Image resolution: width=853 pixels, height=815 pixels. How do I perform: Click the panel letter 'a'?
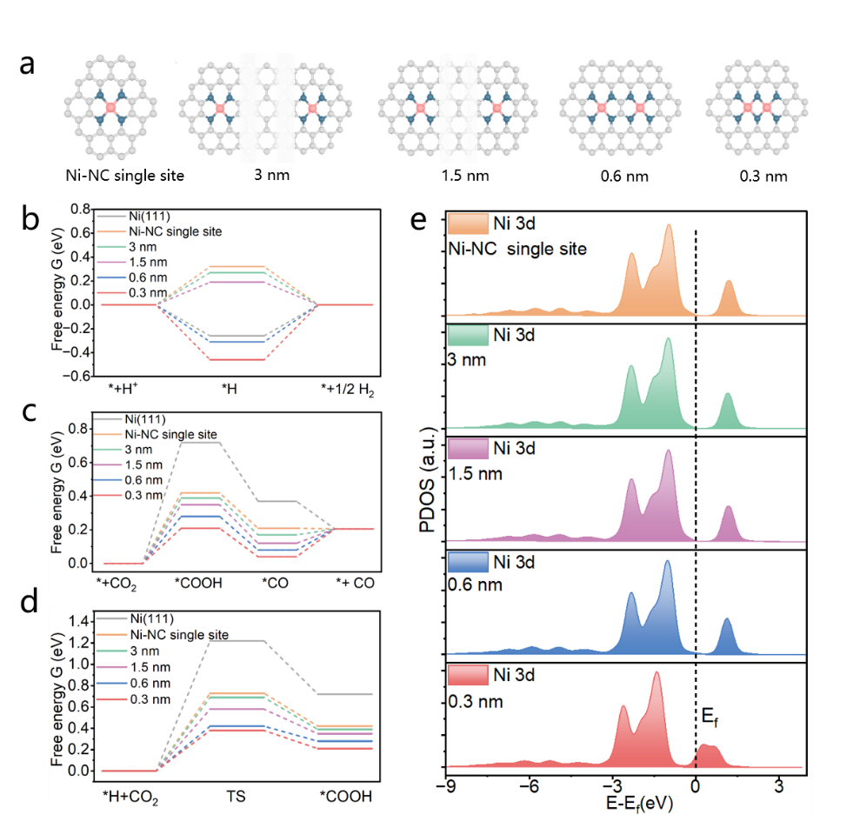tap(27, 64)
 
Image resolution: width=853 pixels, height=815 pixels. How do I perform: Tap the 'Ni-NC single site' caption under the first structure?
tap(124, 175)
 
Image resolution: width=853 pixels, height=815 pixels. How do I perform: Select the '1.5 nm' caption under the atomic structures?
tap(465, 176)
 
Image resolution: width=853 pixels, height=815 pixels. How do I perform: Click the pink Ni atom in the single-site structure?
tap(111, 107)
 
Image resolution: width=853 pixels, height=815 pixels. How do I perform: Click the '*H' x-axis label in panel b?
tap(229, 389)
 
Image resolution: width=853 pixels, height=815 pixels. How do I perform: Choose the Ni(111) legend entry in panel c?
tap(130, 419)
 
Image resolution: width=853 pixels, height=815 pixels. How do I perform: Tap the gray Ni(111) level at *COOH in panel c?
tap(201, 443)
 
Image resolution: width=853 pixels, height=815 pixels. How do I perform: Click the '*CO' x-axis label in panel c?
tap(276, 584)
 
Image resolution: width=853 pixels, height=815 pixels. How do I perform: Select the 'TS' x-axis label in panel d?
tap(236, 797)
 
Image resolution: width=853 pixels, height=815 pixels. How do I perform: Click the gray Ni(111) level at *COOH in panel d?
tap(345, 694)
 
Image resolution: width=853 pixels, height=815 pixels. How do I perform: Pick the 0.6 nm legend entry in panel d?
tap(134, 684)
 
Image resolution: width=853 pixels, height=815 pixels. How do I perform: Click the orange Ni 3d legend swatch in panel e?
tap(468, 224)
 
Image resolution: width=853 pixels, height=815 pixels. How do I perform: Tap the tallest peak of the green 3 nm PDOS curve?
tap(668, 339)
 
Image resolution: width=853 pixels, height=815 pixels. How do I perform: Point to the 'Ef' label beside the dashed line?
tap(710, 717)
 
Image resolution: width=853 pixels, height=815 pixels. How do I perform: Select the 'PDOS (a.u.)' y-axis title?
tap(428, 479)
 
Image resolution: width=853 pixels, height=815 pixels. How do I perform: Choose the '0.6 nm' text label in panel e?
tap(475, 585)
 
